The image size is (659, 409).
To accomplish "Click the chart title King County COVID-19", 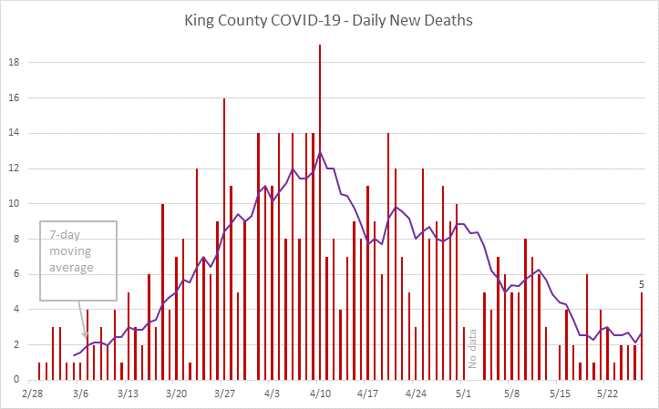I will coord(329,19).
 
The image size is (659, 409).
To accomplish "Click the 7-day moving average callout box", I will coord(78,261).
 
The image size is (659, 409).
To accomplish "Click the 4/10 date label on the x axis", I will coord(320,394).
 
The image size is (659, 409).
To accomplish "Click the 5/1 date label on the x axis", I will coord(463,394).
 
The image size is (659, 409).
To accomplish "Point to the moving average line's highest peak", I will coord(320,151).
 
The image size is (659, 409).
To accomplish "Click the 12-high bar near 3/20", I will coord(197,274).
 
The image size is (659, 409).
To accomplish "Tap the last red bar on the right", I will coord(642,336).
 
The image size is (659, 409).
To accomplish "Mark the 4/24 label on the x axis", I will coord(416,394).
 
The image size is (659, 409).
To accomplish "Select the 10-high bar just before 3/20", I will coord(162,291).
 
